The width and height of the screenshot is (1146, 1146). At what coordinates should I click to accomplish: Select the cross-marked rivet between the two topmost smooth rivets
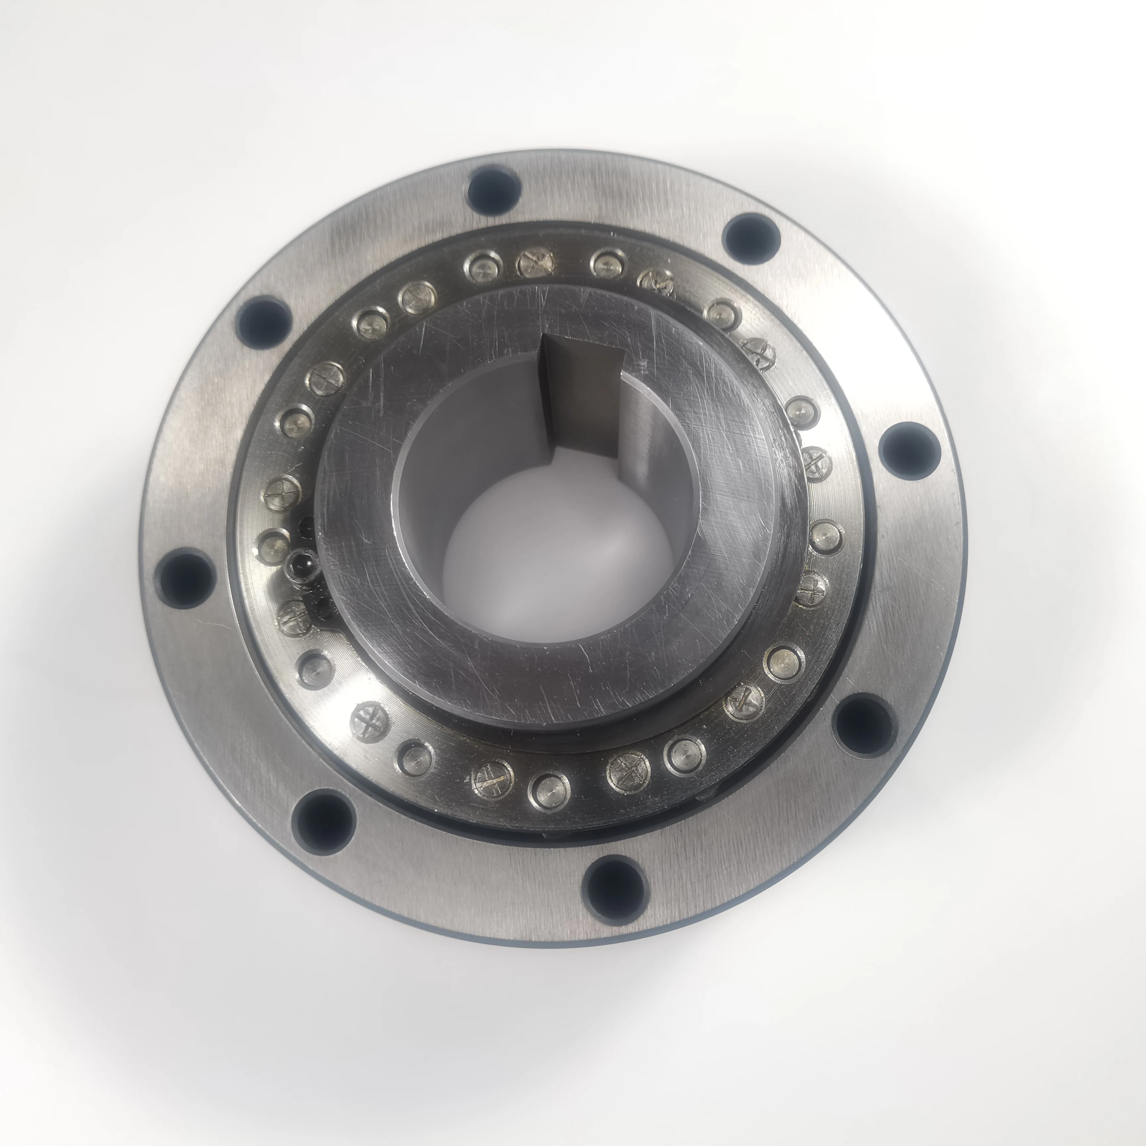click(x=536, y=263)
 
